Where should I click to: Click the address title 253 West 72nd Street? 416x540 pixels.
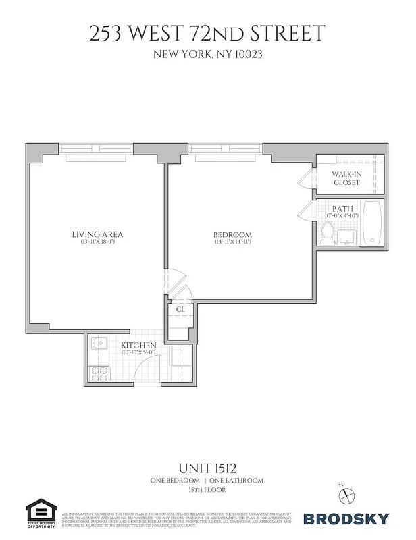(207, 33)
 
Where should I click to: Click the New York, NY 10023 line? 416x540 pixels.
(207, 55)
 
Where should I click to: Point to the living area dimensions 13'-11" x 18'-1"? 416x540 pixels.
(97, 242)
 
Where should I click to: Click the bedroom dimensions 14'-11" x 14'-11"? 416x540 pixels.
(232, 242)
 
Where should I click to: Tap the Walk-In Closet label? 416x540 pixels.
(346, 178)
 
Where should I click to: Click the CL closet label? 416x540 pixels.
(180, 310)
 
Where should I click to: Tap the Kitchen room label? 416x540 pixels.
(138, 345)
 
